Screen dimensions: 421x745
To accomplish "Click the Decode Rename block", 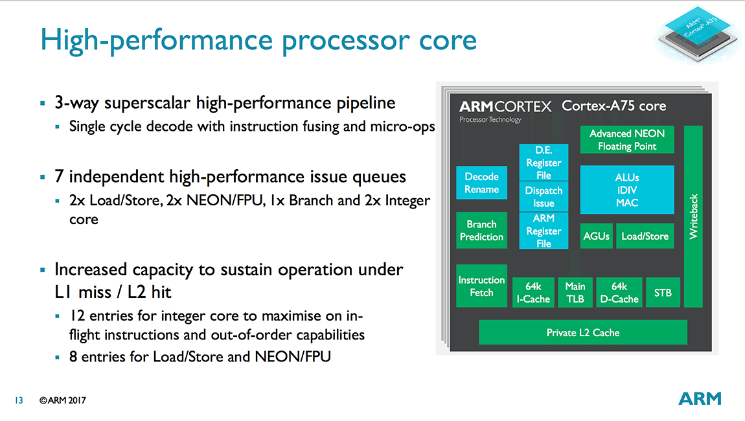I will [x=481, y=183].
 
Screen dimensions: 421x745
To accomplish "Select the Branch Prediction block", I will [x=481, y=231].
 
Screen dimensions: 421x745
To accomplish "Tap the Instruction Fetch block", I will [x=481, y=286].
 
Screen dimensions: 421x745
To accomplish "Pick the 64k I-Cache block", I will [x=533, y=293].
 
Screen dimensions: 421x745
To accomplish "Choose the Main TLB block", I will [x=575, y=293].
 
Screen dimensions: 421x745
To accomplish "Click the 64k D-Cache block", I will [x=619, y=293].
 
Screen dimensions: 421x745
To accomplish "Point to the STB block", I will [x=663, y=293].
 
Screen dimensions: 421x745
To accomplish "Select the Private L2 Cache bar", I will [x=582, y=333].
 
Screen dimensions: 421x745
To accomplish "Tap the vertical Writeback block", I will [x=693, y=216].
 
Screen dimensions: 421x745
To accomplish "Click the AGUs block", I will [x=596, y=236].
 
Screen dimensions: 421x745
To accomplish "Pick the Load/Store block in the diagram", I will [x=645, y=236].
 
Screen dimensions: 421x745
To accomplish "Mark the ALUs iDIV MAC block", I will [x=626, y=190].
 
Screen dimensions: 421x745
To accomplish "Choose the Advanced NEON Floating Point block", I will [x=626, y=140].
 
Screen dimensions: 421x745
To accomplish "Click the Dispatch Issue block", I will [x=544, y=197].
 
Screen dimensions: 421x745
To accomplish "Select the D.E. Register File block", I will [x=544, y=163].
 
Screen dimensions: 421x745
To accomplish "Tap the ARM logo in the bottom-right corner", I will [x=700, y=398].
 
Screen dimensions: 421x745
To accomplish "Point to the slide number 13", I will [x=18, y=401].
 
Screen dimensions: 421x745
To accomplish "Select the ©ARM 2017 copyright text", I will [x=62, y=401].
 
